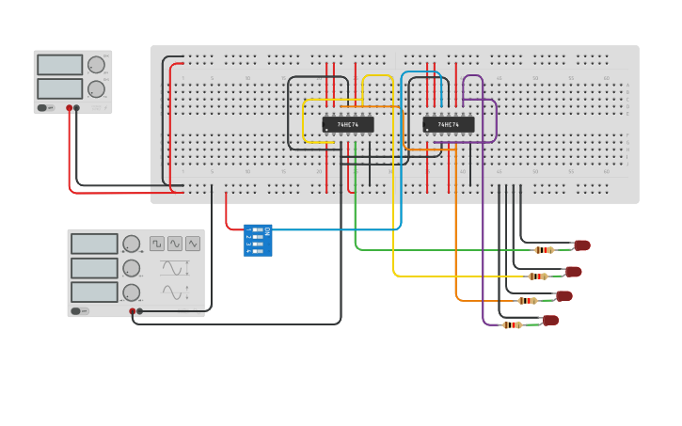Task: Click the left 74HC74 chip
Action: pyautogui.click(x=348, y=124)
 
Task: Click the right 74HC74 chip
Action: pyautogui.click(x=448, y=124)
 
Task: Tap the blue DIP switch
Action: pyautogui.click(x=258, y=241)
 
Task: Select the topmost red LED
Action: pyautogui.click(x=582, y=245)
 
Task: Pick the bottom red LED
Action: pyautogui.click(x=551, y=321)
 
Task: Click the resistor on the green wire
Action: pyautogui.click(x=544, y=250)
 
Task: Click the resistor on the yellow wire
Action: pyautogui.click(x=537, y=276)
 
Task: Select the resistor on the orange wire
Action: pyautogui.click(x=528, y=301)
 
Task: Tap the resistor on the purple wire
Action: pyautogui.click(x=512, y=325)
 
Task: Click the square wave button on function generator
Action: pyautogui.click(x=157, y=244)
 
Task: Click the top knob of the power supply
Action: pyautogui.click(x=96, y=65)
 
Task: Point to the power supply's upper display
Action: pyautogui.click(x=60, y=65)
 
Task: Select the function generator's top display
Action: pyautogui.click(x=94, y=244)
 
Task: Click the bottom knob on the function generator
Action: pyautogui.click(x=132, y=292)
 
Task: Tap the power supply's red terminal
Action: pyautogui.click(x=69, y=108)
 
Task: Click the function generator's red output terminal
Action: pyautogui.click(x=132, y=311)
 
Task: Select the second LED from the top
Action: pyautogui.click(x=574, y=272)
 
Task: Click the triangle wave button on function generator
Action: pyautogui.click(x=193, y=244)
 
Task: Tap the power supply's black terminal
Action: pyautogui.click(x=77, y=108)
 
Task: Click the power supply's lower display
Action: pyautogui.click(x=60, y=88)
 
